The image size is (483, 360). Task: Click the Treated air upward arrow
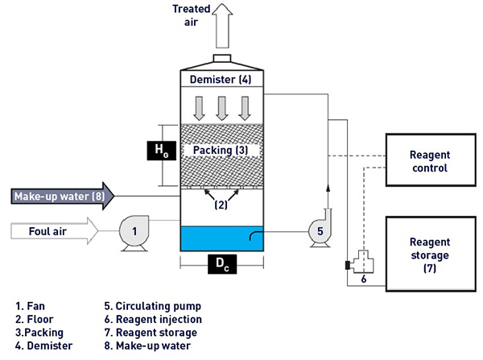point(222,26)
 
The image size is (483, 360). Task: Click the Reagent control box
point(431,160)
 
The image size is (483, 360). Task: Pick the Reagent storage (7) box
point(431,254)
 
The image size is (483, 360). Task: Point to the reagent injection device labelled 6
point(361,263)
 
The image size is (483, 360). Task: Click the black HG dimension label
point(162,151)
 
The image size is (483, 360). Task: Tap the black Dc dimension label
point(222,264)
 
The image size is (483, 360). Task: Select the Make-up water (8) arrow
point(63,197)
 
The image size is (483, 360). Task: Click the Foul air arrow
point(54,231)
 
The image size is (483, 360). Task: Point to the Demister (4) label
point(221,80)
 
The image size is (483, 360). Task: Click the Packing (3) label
point(221,150)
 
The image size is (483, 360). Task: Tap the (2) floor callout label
point(221,205)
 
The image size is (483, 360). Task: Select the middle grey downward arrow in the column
point(222,109)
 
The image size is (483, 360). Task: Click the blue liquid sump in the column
point(222,239)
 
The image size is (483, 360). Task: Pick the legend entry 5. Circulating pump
point(153,306)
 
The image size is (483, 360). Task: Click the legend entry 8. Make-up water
point(147,346)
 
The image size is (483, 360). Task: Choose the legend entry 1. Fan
point(31,306)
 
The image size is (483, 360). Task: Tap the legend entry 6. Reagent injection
point(153,319)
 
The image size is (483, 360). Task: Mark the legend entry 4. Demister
point(44,346)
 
